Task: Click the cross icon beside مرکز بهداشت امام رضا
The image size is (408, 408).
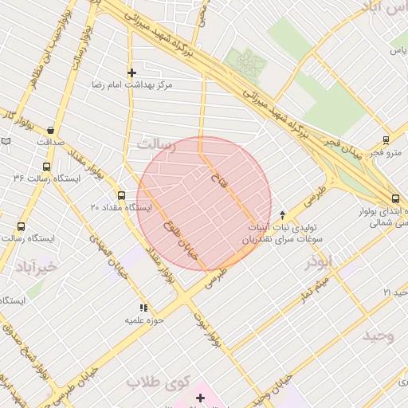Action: tap(132, 73)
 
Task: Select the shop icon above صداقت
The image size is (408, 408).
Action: tap(51, 131)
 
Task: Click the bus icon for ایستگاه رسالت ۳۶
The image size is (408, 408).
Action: tap(45, 167)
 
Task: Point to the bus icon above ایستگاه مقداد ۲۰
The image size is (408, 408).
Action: tap(121, 195)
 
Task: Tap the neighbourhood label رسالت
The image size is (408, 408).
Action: tap(155, 145)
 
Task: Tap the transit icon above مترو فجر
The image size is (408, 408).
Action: tap(386, 139)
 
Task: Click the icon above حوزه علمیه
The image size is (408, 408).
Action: tap(143, 307)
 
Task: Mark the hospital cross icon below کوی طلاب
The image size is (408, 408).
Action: tap(200, 397)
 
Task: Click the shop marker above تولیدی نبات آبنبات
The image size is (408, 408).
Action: tap(282, 214)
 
